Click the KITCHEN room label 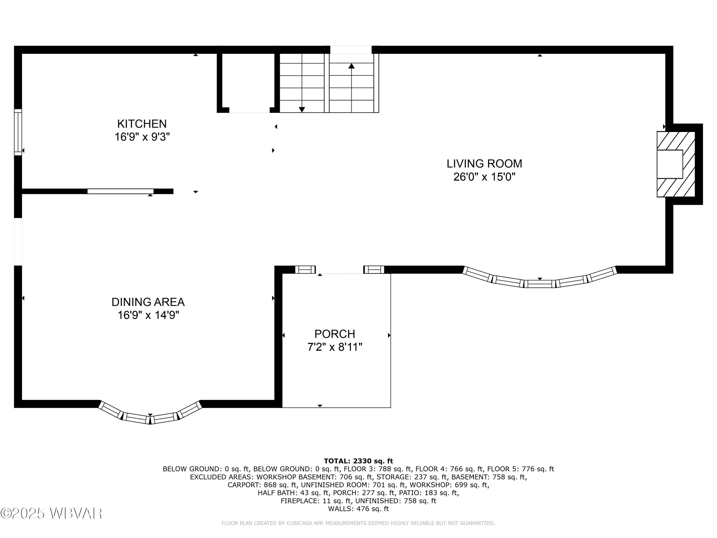click(142, 124)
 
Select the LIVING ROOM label click(484, 164)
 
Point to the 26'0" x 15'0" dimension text click(484, 177)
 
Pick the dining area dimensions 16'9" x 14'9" click(148, 315)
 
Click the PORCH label click(335, 334)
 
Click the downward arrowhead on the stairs click(302, 110)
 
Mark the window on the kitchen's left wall click(18, 132)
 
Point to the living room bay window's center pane click(540, 284)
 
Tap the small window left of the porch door click(305, 269)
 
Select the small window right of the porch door click(374, 269)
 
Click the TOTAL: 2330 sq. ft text click(358, 461)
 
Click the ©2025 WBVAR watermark click(51, 513)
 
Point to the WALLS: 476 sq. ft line click(358, 509)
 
